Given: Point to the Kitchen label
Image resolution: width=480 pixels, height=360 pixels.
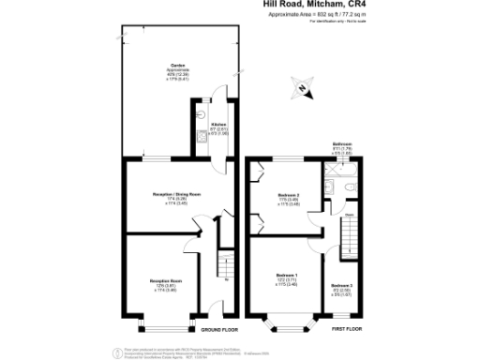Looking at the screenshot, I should click(x=217, y=125).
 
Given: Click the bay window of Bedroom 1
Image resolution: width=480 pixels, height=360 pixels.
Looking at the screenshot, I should click(x=286, y=324).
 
